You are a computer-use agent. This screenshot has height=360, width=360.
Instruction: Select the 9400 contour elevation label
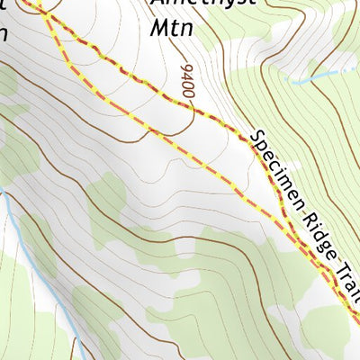tap(187, 83)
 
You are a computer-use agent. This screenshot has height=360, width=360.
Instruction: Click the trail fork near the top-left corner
tap(43, 13)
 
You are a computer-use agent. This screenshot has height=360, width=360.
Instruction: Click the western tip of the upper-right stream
tap(290, 80)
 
